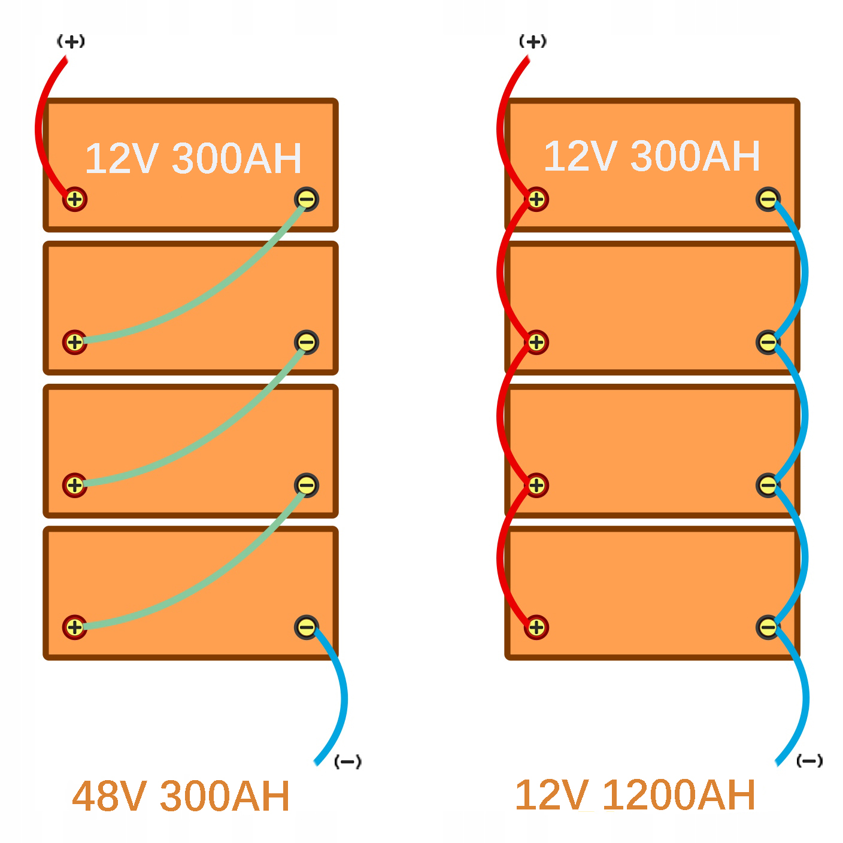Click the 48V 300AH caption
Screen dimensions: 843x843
click(181, 796)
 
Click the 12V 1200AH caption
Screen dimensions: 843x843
click(635, 795)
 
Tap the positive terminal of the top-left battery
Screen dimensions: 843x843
click(75, 199)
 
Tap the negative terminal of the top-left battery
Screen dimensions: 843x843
click(307, 199)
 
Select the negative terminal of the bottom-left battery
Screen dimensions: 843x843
click(307, 627)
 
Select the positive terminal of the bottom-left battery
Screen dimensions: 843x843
click(75, 627)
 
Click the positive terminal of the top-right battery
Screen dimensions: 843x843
click(536, 199)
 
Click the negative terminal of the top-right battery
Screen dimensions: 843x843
click(768, 199)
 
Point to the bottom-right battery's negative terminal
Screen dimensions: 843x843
click(768, 627)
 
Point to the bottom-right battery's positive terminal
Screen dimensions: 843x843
click(536, 627)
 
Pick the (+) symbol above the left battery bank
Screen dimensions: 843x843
click(71, 42)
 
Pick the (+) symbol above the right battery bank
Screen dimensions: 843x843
click(533, 42)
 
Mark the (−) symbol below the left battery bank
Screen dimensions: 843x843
click(348, 762)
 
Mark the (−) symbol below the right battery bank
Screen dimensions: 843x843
click(809, 762)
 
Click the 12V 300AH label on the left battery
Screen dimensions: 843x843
click(193, 159)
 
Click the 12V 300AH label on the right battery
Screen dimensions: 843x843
click(652, 156)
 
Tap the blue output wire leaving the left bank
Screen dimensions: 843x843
click(342, 695)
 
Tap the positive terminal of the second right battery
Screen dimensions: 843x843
click(536, 342)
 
